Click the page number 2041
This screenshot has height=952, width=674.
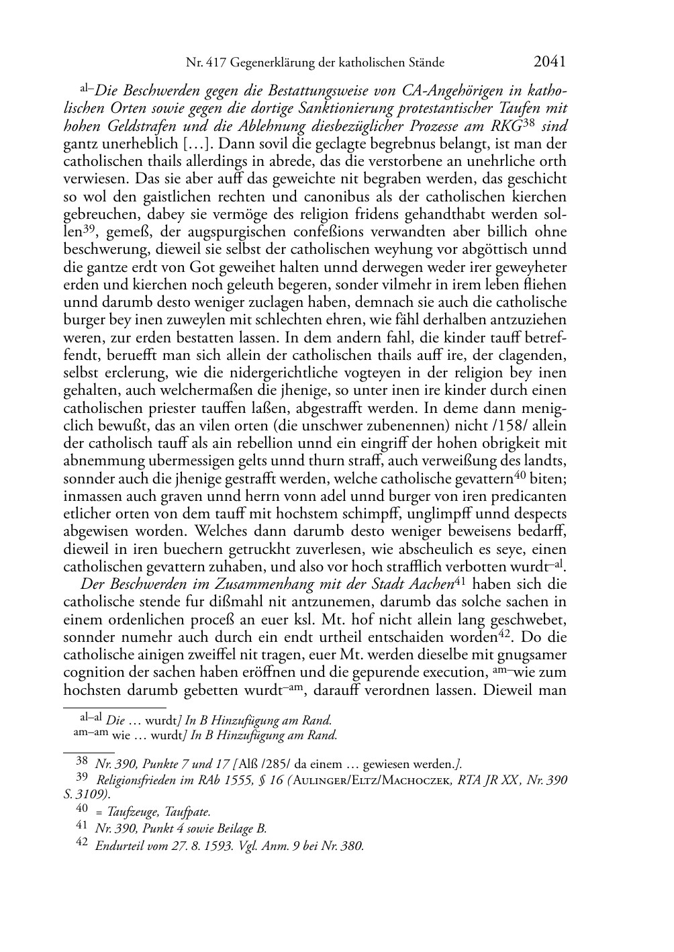tap(550, 62)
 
